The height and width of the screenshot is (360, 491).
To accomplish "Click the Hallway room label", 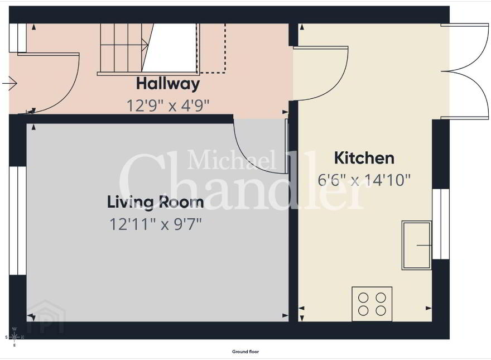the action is click(x=167, y=84).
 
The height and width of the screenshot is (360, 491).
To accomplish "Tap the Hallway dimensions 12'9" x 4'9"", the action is click(x=167, y=105).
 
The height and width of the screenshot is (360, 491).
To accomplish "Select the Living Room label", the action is click(x=155, y=202).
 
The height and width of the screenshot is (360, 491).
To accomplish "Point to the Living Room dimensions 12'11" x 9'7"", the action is click(x=155, y=224).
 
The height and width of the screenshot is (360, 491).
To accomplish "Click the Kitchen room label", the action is click(x=364, y=158).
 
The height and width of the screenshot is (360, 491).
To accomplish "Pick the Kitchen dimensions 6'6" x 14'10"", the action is click(x=364, y=180).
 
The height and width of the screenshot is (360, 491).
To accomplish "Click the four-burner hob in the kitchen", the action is click(x=372, y=304).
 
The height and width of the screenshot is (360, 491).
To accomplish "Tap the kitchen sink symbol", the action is click(x=417, y=245).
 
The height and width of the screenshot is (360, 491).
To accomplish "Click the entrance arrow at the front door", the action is click(x=9, y=83).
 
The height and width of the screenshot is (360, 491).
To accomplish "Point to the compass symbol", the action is click(x=15, y=337).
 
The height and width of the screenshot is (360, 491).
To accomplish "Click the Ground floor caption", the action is click(x=245, y=352).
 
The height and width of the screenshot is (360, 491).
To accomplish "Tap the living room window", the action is click(x=17, y=220).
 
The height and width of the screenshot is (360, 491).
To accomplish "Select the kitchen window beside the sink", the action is click(x=441, y=224).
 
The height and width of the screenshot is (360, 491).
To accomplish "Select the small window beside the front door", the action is click(x=17, y=38).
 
